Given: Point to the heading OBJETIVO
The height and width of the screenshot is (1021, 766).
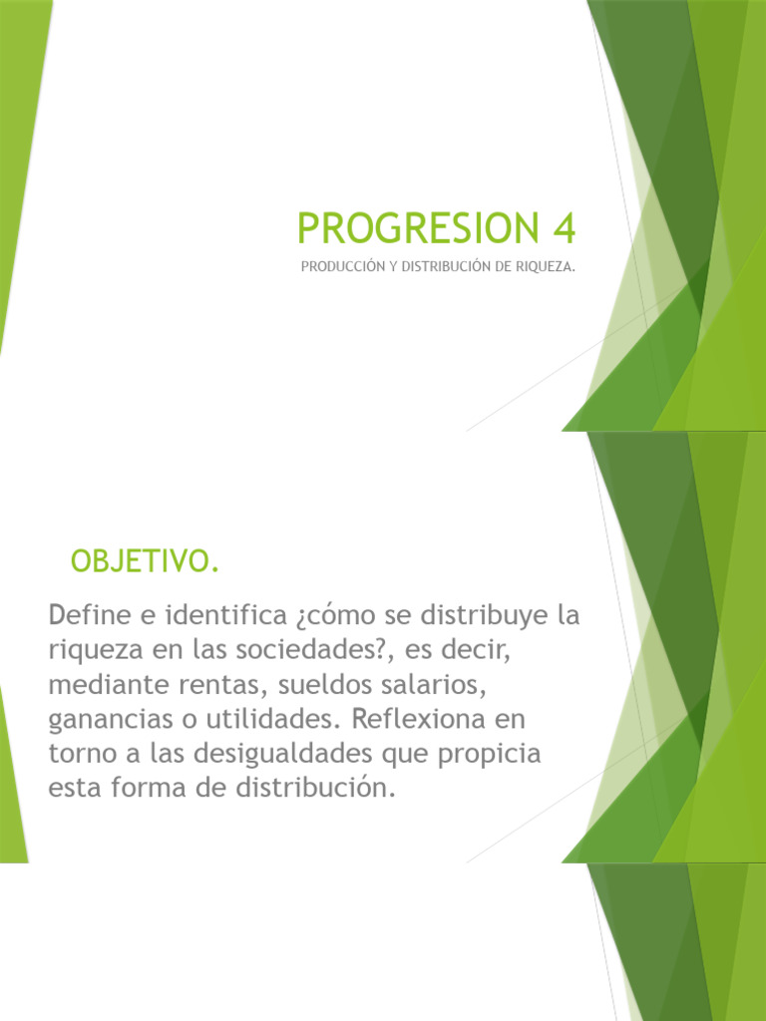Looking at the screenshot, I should tap(144, 562).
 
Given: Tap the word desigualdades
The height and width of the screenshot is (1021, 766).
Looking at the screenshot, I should tap(298, 754).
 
